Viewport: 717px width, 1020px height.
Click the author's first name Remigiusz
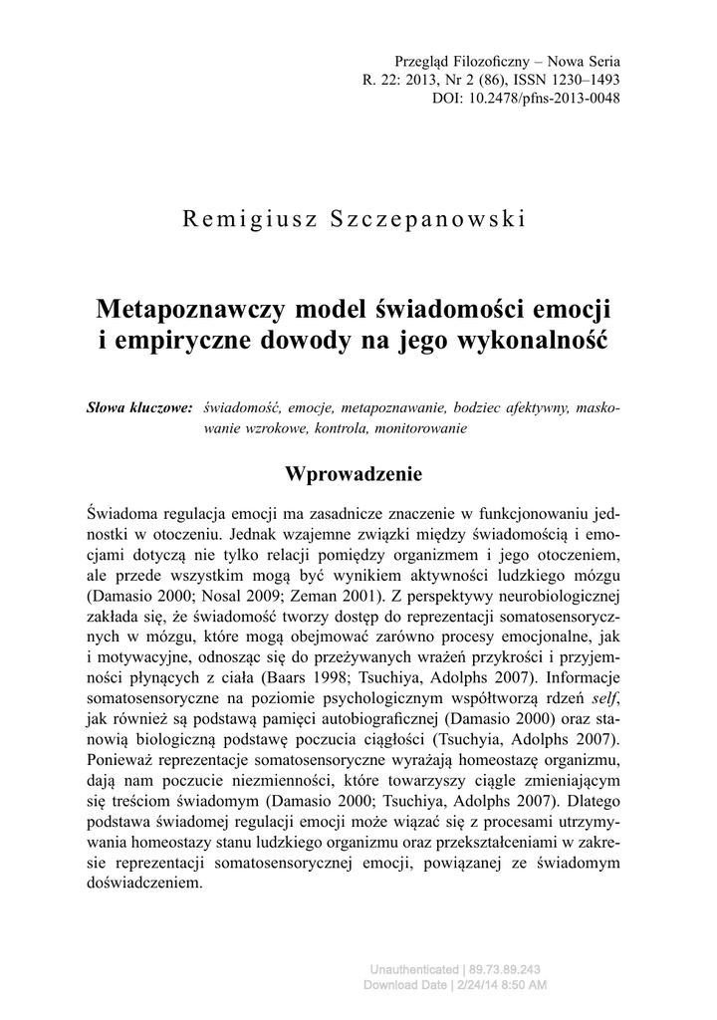242,220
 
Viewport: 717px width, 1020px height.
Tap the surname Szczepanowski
426,220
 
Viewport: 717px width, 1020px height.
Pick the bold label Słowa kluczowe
139,408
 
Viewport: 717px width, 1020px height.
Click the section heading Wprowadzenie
354,472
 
